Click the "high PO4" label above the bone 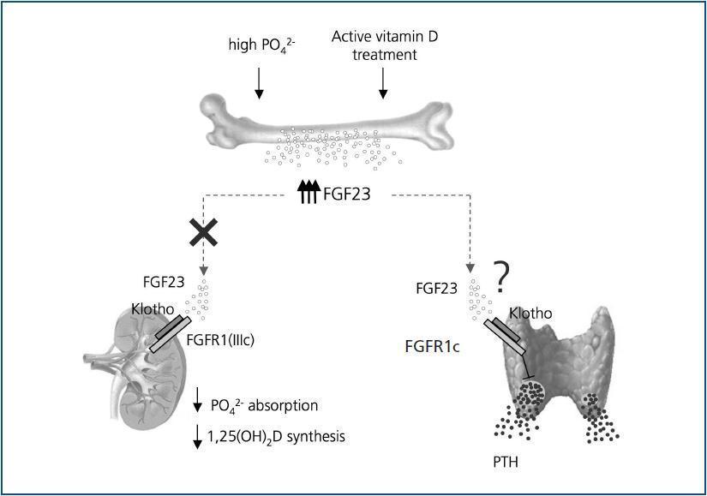(x=259, y=45)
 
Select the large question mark (x=503, y=277)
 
